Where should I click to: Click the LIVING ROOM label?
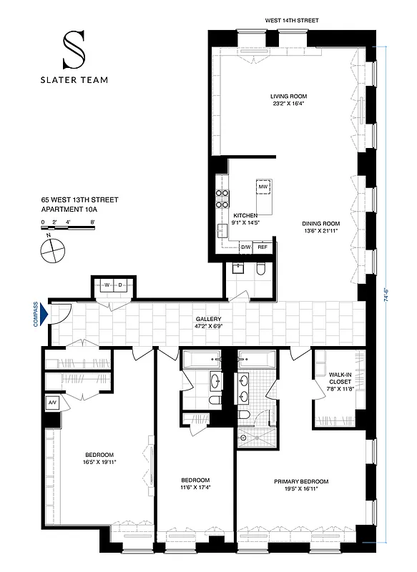[288, 96]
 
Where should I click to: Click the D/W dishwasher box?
[245, 247]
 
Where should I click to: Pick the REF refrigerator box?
[263, 247]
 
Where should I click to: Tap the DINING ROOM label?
[320, 224]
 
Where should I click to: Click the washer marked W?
[106, 285]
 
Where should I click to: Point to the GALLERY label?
[209, 320]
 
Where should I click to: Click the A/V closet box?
[52, 403]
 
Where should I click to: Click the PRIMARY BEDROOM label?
[301, 481]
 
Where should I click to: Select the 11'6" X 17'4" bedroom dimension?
[195, 487]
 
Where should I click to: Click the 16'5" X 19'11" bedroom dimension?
[99, 463]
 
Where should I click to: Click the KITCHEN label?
[245, 214]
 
